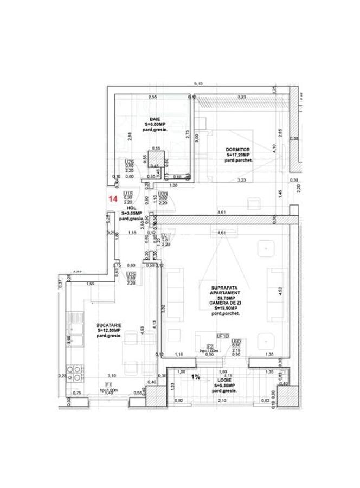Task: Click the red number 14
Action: click(x=113, y=199)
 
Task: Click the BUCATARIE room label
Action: click(x=109, y=324)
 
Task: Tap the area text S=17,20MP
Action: click(x=237, y=155)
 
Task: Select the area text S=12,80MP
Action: click(x=109, y=330)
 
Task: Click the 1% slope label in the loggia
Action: click(x=196, y=376)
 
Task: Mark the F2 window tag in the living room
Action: click(x=208, y=346)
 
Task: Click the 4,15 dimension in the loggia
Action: click(x=228, y=376)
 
